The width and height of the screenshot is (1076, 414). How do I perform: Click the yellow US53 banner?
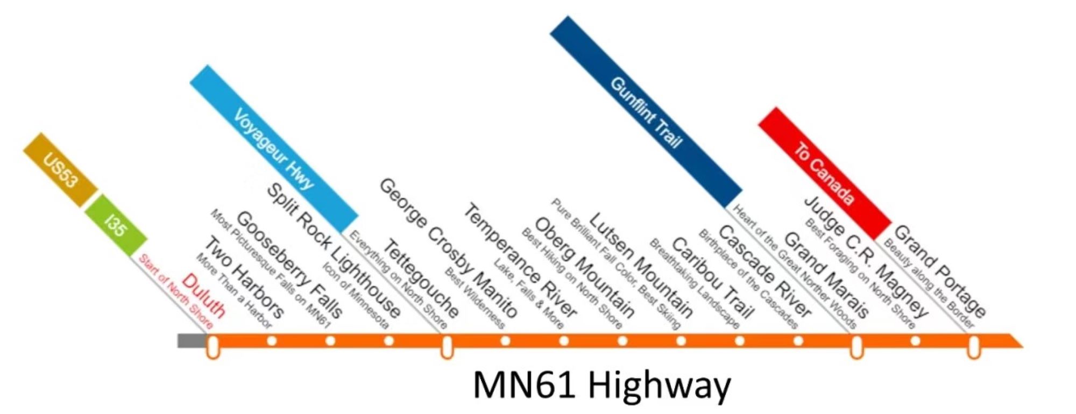coord(61,170)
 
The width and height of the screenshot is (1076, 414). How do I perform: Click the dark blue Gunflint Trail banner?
coord(646,112)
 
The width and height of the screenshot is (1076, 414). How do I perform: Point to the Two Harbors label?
coord(243,278)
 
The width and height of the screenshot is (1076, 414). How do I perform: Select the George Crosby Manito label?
coord(448,248)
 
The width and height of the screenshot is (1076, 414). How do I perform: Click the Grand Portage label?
coord(939,272)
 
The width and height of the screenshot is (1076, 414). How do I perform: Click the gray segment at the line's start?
coord(192,341)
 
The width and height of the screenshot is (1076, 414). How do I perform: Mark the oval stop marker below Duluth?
coord(213,346)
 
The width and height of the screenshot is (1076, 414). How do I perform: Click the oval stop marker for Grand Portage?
coord(973,346)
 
